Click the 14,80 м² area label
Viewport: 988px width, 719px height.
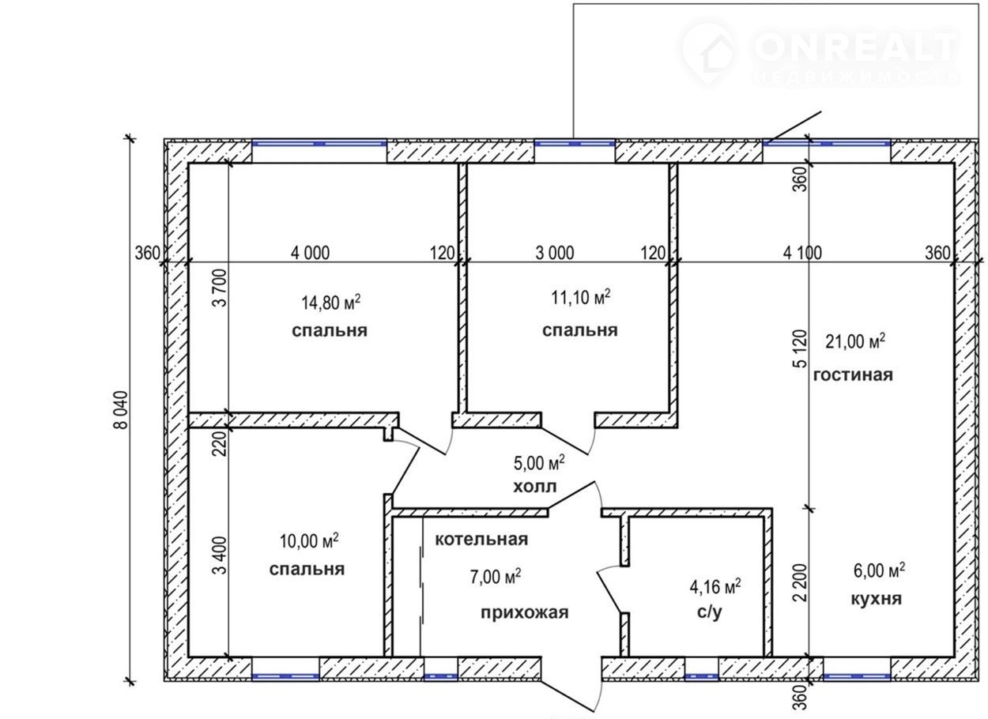[331, 303]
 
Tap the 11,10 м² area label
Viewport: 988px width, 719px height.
[580, 298]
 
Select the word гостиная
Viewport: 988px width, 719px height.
[853, 375]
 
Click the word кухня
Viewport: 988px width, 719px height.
[877, 599]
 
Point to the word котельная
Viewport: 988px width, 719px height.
[481, 540]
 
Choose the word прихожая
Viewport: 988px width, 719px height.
[525, 613]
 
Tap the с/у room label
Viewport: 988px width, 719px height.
[710, 612]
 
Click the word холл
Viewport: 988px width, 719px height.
[535, 487]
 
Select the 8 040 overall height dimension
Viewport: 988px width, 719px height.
[121, 409]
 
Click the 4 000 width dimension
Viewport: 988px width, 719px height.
[310, 253]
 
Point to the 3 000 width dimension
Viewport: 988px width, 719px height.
[555, 253]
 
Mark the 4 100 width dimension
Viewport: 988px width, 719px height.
[802, 253]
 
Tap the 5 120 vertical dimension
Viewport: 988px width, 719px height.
[799, 348]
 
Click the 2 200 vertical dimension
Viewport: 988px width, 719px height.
[799, 582]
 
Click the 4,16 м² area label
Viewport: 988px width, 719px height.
[715, 587]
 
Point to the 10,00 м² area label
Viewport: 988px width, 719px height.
[309, 541]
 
